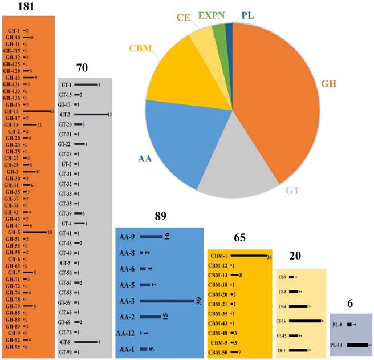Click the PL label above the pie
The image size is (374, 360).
pyautogui.click(x=247, y=14)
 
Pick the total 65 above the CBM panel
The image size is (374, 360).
pyautogui.click(x=239, y=237)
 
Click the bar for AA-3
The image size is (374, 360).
pyautogui.click(x=168, y=301)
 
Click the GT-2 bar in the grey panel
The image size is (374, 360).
pyautogui.click(x=91, y=114)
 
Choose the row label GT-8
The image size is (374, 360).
pyautogui.click(x=66, y=342)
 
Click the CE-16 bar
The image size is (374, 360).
pyautogui.click(x=305, y=321)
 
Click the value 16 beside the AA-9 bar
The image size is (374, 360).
pyautogui.click(x=166, y=237)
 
